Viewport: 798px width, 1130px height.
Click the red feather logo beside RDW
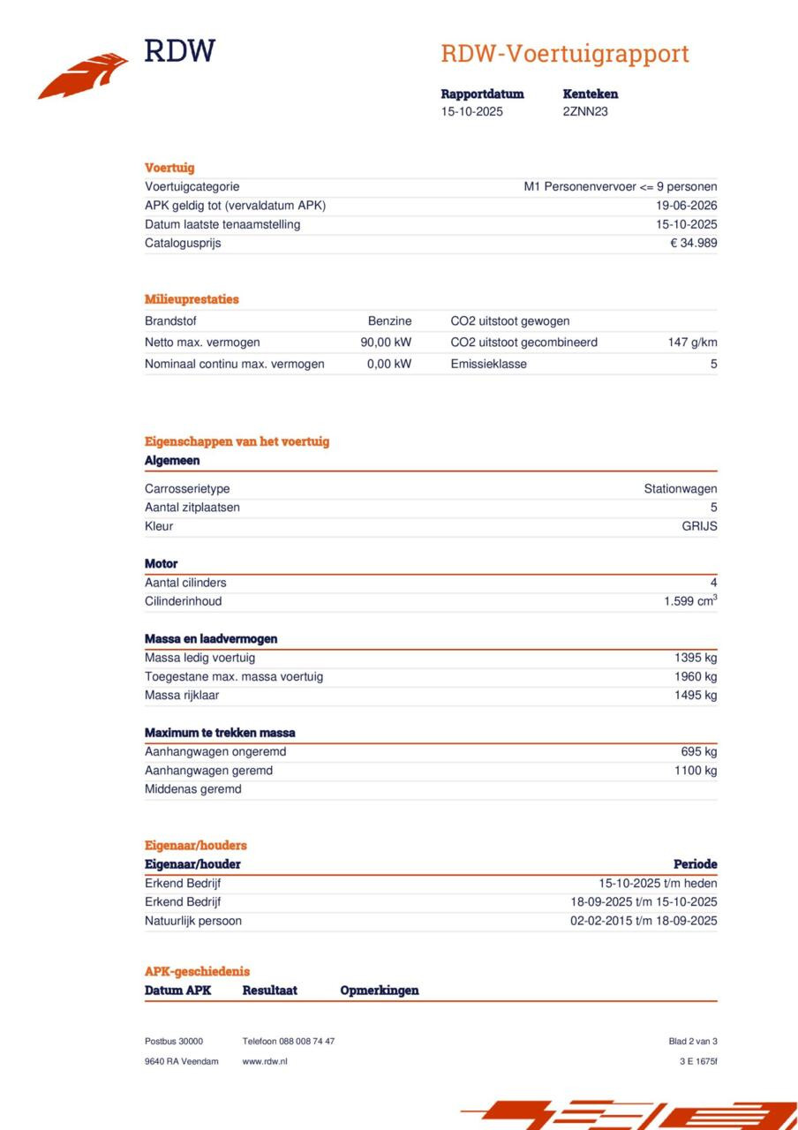(x=83, y=75)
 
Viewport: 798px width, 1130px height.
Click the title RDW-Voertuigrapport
(x=564, y=54)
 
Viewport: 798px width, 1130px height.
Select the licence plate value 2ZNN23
(x=585, y=112)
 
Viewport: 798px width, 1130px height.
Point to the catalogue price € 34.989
(x=693, y=244)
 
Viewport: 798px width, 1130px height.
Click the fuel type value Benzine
(x=389, y=321)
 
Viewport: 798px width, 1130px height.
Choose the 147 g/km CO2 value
(x=692, y=343)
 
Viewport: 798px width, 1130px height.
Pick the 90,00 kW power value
(x=386, y=343)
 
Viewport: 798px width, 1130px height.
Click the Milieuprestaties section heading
(x=192, y=299)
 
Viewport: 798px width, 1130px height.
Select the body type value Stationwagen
(x=680, y=489)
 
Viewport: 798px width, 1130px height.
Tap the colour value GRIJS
(x=699, y=527)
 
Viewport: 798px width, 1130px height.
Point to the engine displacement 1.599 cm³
(x=690, y=602)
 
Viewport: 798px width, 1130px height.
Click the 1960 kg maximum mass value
(x=696, y=677)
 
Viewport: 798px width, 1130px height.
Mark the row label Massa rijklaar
(x=182, y=696)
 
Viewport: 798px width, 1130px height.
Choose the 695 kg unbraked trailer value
(x=699, y=752)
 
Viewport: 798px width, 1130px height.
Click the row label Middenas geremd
(x=192, y=790)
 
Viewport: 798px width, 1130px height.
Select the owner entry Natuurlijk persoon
(x=193, y=922)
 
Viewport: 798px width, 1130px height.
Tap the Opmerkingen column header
(x=380, y=991)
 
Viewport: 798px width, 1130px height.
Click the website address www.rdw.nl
(x=265, y=1061)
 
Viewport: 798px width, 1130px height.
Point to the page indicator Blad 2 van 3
(x=693, y=1042)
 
